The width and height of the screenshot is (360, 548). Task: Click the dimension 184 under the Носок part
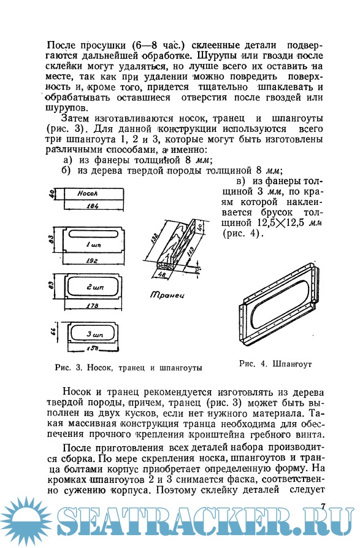(92, 206)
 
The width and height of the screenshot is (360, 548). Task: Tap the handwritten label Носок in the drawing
(87, 193)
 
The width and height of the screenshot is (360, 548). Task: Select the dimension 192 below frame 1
(91, 260)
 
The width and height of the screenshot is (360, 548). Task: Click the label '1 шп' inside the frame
(93, 245)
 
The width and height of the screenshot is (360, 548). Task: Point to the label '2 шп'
(95, 288)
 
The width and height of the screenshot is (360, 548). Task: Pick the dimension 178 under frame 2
(92, 306)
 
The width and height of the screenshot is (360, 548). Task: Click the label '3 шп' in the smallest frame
(94, 334)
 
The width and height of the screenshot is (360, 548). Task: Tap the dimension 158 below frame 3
(92, 348)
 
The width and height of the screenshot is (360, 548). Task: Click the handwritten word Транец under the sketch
(167, 295)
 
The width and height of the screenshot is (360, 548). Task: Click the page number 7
(323, 506)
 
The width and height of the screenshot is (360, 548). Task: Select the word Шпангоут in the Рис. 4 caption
(291, 364)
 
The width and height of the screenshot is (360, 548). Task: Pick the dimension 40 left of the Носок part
(52, 194)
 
